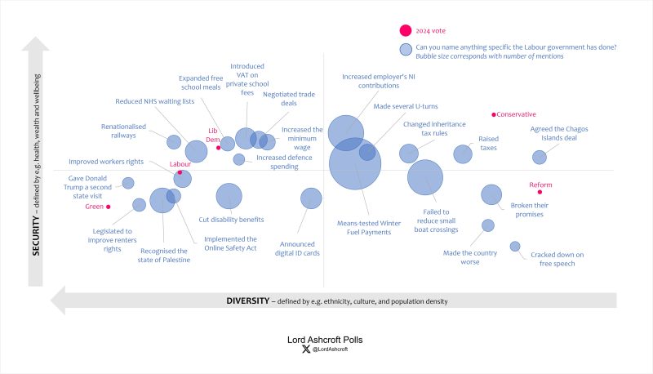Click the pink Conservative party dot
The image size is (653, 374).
(x=494, y=115)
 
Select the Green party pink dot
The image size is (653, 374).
(x=109, y=207)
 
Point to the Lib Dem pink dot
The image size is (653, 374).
(x=218, y=148)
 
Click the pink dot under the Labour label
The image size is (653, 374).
(x=180, y=172)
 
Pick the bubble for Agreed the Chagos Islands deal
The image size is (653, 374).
(x=540, y=157)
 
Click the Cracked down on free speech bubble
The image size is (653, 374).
(x=515, y=246)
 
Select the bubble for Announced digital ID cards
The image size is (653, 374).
(x=311, y=198)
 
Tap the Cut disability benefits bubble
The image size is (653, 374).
(x=229, y=196)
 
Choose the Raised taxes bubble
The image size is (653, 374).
(x=463, y=154)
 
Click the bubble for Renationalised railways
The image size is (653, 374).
(x=174, y=142)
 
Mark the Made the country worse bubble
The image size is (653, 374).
(x=488, y=225)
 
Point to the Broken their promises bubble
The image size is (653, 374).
(x=491, y=194)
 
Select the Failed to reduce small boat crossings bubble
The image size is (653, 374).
(x=424, y=179)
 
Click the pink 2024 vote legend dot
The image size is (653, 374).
(x=405, y=31)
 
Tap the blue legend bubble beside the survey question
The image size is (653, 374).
(x=405, y=51)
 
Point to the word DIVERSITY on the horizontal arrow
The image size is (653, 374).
(x=247, y=301)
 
